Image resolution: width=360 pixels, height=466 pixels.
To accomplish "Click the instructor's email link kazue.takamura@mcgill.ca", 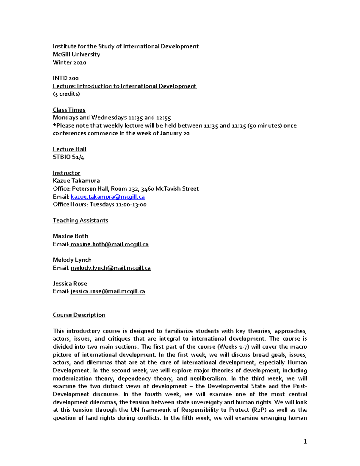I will click(108, 197).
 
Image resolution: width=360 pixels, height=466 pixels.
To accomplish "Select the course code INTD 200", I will click(66, 78).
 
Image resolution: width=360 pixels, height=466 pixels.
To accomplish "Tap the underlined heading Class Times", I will click(69, 110).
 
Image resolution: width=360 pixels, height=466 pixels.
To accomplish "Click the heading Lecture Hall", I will click(69, 149).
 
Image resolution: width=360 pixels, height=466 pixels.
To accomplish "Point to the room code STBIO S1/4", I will click(68, 157).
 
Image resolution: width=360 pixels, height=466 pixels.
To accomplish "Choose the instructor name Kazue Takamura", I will click(76, 181).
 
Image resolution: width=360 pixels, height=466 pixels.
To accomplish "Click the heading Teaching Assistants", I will click(80, 220).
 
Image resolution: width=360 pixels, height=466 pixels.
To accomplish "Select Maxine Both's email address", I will click(109, 244).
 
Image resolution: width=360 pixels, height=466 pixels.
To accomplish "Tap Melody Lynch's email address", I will click(110, 268).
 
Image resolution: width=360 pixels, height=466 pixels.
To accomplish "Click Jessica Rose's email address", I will click(108, 291).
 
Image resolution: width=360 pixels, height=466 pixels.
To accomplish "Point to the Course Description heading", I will click(79, 315).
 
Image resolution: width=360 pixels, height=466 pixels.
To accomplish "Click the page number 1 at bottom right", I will click(305, 441).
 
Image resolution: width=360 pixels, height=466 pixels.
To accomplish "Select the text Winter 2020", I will click(69, 62).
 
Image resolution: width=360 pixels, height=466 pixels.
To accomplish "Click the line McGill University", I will click(76, 54).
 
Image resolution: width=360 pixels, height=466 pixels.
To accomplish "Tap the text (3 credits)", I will click(66, 94).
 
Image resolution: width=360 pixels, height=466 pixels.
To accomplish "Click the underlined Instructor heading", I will click(66, 173).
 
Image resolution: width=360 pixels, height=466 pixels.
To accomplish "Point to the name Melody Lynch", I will click(72, 260).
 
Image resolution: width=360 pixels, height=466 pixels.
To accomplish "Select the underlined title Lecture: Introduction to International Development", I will click(124, 86).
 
